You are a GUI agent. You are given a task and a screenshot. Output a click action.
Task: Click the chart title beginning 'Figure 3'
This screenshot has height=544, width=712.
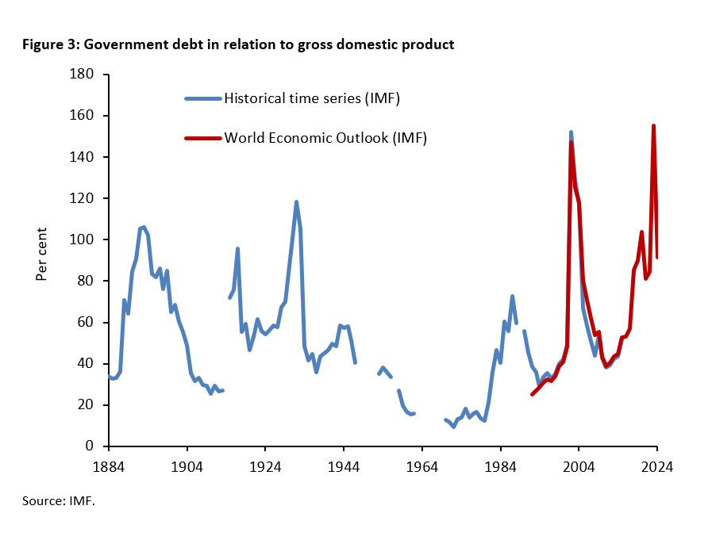[238, 44]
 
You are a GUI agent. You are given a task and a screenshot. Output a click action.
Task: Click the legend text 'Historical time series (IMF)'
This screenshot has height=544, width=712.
[311, 98]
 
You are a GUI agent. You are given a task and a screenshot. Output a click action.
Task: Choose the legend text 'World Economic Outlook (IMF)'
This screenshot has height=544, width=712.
[325, 137]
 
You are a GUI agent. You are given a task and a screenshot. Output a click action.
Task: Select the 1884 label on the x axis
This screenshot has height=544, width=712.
[109, 467]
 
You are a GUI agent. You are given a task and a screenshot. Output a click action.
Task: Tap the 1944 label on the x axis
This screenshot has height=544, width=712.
[344, 467]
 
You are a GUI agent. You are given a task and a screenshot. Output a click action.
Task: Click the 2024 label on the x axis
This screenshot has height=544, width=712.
[657, 467]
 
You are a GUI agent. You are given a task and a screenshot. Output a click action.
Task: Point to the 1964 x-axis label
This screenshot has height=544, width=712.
[422, 467]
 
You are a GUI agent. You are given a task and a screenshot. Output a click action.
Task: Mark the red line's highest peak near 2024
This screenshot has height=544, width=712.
[653, 126]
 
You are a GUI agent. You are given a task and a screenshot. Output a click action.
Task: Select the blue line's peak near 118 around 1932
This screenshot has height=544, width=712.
[296, 202]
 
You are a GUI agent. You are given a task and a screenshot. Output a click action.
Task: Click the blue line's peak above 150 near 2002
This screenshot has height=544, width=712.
[571, 132]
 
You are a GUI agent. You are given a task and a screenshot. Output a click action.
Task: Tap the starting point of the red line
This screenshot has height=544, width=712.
[532, 394]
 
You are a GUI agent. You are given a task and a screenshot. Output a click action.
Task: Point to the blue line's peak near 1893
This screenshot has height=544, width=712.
[144, 227]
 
